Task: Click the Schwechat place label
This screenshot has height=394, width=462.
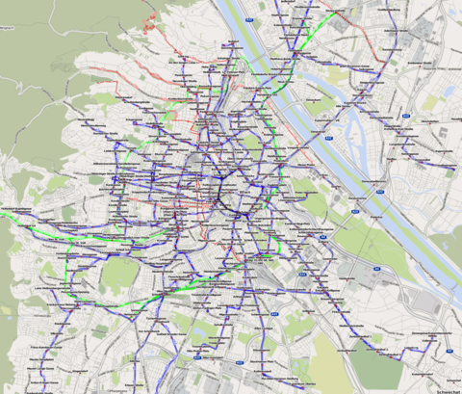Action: coord(447,390)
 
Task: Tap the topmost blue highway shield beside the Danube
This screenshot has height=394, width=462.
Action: coord(249,19)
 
